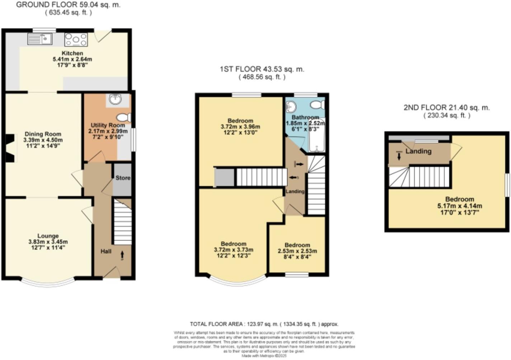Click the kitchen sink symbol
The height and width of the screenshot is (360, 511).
[40, 38]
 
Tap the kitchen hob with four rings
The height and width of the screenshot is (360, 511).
[76, 39]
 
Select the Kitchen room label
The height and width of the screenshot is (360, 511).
[72, 53]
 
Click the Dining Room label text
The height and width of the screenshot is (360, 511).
[43, 134]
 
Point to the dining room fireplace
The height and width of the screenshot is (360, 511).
[10, 148]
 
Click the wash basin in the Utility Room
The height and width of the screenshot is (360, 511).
[115, 99]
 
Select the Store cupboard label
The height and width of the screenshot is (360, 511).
[123, 178]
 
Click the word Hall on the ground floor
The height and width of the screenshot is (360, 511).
[106, 251]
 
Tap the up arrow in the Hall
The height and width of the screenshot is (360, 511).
[122, 255]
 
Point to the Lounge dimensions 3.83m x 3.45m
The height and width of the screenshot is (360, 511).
[48, 242]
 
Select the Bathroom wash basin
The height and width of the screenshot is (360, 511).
[291, 106]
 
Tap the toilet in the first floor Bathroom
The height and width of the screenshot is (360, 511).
[317, 105]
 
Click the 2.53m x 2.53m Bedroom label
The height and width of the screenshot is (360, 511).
[297, 251]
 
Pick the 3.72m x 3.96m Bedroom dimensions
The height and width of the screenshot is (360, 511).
[240, 127]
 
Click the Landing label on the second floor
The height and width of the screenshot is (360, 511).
[418, 151]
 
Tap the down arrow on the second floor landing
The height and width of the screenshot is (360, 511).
[399, 156]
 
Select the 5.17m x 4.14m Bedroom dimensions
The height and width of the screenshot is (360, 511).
[460, 206]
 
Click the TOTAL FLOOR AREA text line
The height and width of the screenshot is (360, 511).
[264, 324]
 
